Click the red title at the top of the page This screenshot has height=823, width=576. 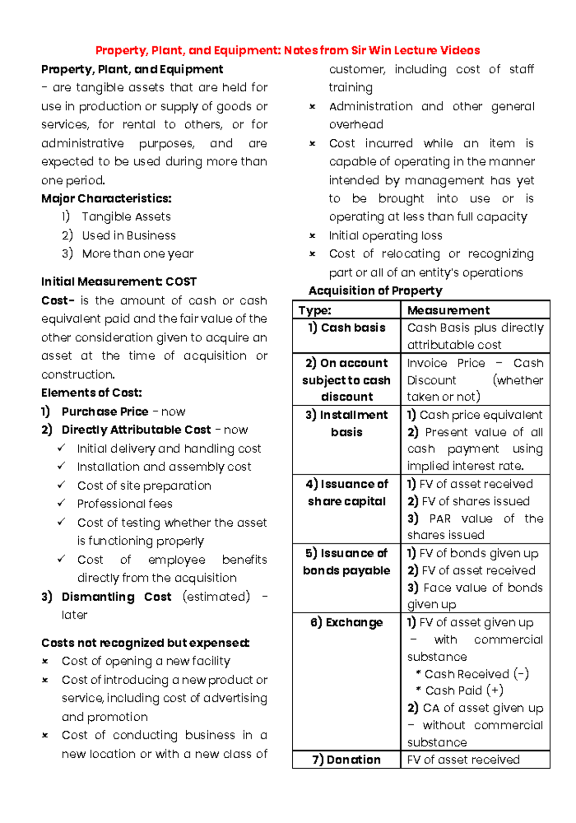tap(288, 50)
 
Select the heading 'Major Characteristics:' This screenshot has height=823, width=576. tap(106, 198)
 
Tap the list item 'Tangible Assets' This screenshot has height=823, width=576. tap(126, 217)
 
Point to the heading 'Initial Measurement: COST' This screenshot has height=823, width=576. tap(119, 281)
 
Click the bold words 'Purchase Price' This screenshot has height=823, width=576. tap(105, 411)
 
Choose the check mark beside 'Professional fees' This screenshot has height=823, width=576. tap(61, 503)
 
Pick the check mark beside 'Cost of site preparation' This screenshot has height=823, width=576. tap(61, 485)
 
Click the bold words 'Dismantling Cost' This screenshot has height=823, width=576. tap(116, 596)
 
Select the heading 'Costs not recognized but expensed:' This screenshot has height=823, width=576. tap(145, 643)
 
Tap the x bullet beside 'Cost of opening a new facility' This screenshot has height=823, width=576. tap(45, 662)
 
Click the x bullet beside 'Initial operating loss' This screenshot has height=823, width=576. tap(312, 236)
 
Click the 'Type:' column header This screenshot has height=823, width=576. tap(315, 310)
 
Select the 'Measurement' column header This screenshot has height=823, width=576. tap(448, 310)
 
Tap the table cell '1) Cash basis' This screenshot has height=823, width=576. tap(347, 328)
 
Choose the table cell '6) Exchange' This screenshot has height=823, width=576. tap(347, 623)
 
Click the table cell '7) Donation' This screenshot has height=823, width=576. tap(347, 760)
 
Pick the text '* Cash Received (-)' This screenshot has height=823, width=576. tap(472, 674)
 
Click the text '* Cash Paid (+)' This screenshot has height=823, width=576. tap(460, 690)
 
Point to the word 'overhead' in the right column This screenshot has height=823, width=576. tap(356, 125)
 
